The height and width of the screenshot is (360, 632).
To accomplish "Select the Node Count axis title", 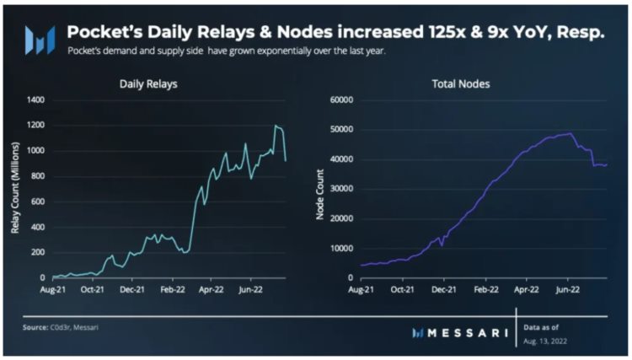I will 320,188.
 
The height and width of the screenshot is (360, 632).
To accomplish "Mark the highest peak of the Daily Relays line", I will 276,126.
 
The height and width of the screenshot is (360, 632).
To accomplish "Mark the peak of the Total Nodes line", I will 570,133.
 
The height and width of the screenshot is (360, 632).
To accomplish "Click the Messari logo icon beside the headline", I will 40,38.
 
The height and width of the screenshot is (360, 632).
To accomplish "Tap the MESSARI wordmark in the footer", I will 469,332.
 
